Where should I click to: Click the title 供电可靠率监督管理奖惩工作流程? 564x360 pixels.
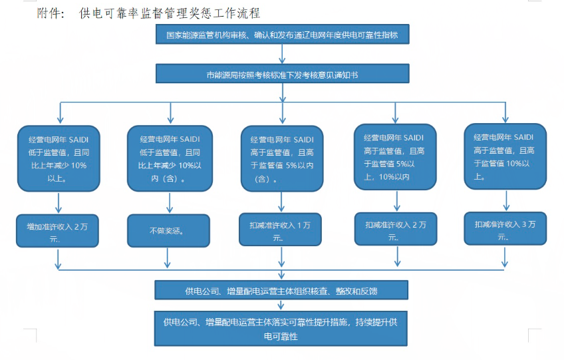coord(169,13)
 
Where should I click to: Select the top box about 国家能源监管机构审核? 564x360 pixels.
coord(283,35)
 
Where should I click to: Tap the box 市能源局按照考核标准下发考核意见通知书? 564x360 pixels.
coord(283,75)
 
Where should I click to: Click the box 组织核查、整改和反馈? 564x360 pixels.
coord(281,290)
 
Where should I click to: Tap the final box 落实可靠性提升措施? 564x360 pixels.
coord(281,329)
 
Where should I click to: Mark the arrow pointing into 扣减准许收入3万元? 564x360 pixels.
coord(507,200)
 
